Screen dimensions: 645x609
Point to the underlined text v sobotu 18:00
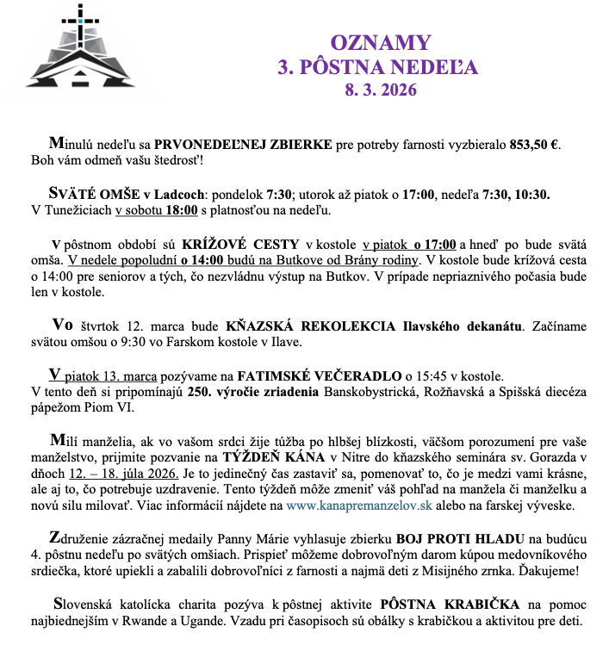click(x=157, y=209)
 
